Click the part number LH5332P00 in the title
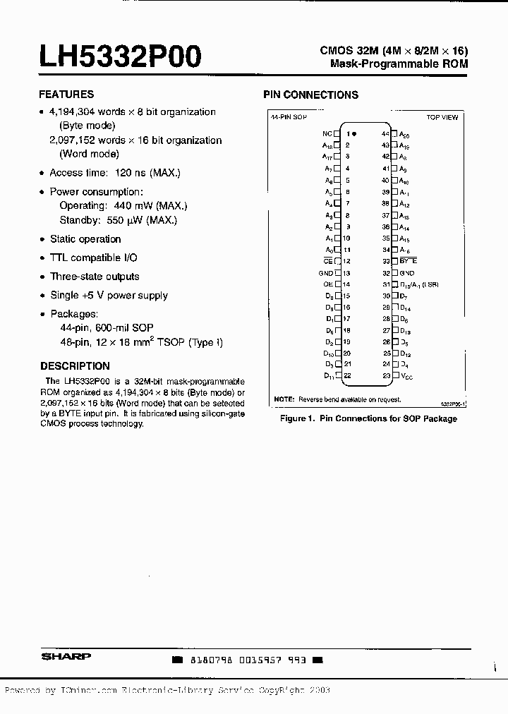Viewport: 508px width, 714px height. (120, 56)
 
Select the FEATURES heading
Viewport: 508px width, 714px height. (66, 94)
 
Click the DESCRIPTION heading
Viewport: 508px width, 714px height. (75, 366)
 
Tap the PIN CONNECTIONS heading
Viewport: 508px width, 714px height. (310, 95)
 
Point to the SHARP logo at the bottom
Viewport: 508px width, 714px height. (66, 656)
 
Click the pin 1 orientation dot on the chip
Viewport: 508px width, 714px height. (354, 133)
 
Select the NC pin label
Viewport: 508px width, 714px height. (327, 133)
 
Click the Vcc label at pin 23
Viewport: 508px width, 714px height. (406, 377)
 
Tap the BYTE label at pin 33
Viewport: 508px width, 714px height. (408, 261)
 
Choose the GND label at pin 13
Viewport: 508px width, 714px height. (325, 273)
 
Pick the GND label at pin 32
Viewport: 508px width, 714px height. (406, 273)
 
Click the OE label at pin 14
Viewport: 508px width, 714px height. (327, 284)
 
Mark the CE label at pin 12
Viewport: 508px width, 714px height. (327, 261)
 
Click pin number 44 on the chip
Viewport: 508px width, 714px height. (385, 133)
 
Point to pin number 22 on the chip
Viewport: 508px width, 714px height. (347, 376)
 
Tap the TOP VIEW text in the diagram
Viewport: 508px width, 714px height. (442, 118)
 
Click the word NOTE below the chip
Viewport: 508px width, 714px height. (284, 399)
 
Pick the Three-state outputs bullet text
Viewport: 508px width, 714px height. (95, 277)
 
